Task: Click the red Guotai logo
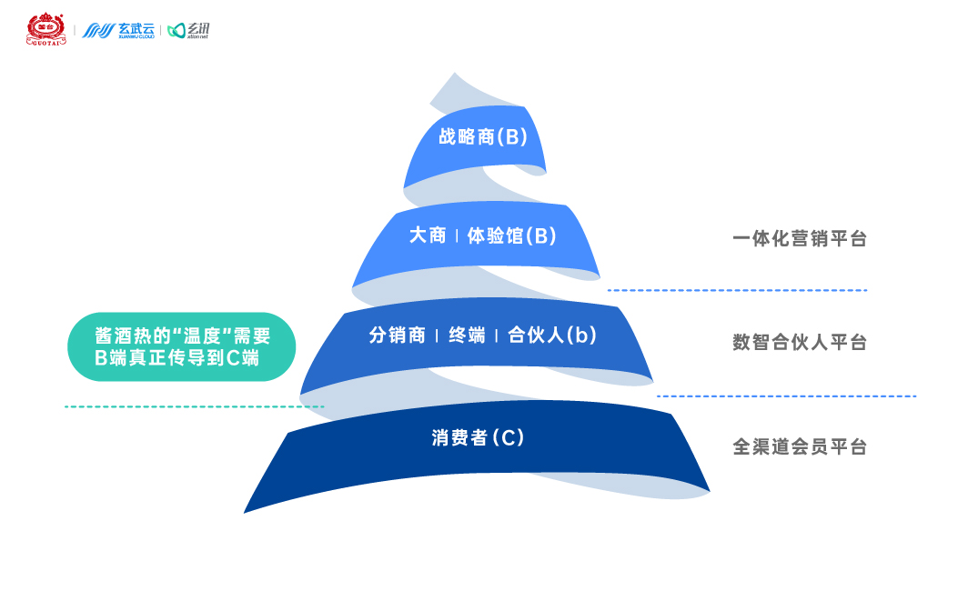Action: (44, 29)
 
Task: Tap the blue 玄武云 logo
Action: (118, 30)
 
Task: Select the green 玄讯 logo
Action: (189, 31)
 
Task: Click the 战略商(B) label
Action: (482, 137)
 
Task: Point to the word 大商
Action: (428, 235)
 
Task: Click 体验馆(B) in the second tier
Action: (510, 235)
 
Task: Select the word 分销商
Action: (397, 335)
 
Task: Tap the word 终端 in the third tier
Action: (466, 335)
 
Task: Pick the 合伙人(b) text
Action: (551, 335)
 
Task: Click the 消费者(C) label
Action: (478, 437)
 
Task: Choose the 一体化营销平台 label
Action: (799, 239)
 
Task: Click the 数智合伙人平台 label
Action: (799, 343)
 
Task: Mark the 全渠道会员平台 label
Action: (799, 446)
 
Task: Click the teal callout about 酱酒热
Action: (182, 346)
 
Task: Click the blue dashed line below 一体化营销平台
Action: (737, 290)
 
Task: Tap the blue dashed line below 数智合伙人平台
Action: (786, 396)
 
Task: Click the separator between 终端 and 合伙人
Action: (497, 336)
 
